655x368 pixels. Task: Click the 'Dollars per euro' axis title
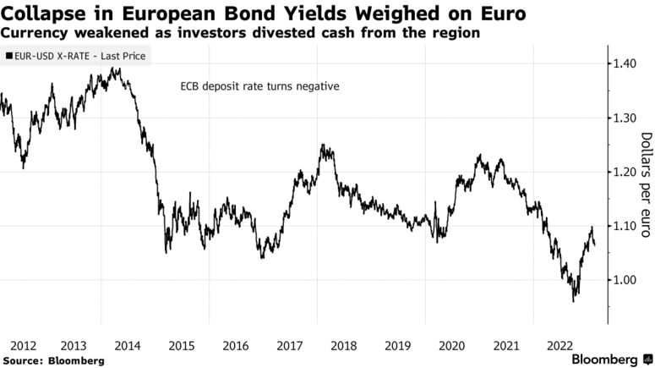[x=647, y=185]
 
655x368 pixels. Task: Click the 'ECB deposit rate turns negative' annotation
[x=259, y=87]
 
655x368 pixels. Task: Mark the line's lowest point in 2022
[x=575, y=301]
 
